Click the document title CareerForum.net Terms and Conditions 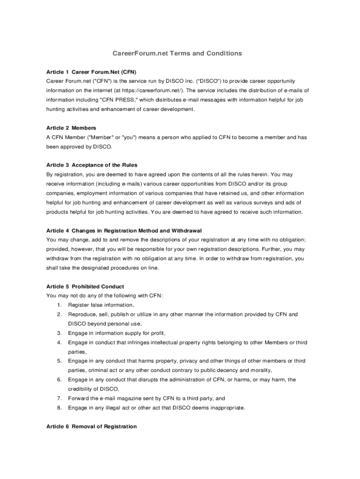[177, 53]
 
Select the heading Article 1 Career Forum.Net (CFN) [91, 72]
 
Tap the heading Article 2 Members [71, 128]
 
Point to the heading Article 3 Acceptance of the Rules [92, 165]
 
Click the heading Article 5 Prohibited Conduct [85, 286]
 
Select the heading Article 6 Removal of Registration [92, 426]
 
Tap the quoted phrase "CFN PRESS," [116, 100]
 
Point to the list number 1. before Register [59, 305]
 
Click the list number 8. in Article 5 [59, 407]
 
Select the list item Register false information [101, 305]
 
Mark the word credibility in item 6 [81, 389]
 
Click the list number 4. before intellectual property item [59, 342]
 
